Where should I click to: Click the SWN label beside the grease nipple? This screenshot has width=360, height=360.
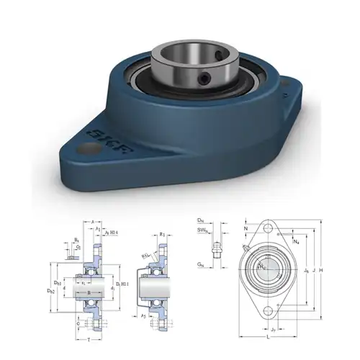point(204,230)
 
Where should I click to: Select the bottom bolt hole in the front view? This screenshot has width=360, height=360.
point(268,310)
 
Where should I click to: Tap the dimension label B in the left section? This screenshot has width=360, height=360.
point(88,293)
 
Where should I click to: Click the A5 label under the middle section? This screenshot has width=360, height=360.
point(144,315)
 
